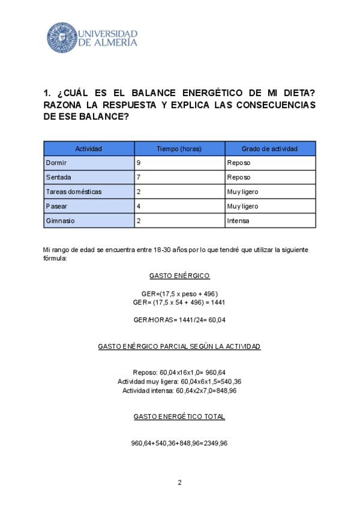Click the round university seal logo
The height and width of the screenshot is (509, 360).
(62, 37)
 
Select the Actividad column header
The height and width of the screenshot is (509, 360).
(89, 148)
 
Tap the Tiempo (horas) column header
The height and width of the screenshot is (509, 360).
(179, 148)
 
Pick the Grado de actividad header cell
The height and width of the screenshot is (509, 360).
(270, 148)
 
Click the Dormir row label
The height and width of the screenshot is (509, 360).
(56, 163)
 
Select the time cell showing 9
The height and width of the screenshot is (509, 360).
(139, 163)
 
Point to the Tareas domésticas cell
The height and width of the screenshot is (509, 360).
(74, 191)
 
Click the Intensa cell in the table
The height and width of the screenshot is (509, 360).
(238, 220)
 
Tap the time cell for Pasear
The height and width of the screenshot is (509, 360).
(139, 206)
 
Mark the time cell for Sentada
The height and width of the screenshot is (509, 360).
(139, 177)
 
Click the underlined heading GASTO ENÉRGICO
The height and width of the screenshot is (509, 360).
(179, 276)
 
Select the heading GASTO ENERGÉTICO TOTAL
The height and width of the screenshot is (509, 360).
(179, 416)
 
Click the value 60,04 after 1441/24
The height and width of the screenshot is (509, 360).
(215, 320)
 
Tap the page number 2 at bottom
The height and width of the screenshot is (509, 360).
(179, 483)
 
